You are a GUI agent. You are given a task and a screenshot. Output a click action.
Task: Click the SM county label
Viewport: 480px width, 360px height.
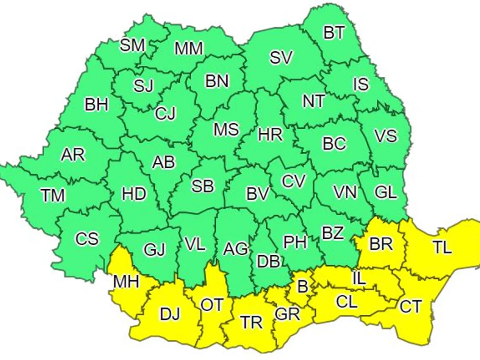(132, 46)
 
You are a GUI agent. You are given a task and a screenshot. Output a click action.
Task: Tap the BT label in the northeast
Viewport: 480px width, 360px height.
(334, 33)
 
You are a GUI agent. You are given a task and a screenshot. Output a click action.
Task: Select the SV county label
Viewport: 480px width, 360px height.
(281, 58)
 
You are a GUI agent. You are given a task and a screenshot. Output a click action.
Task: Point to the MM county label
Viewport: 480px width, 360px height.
(189, 48)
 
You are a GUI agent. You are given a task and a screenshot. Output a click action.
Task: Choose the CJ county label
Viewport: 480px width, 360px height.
(165, 114)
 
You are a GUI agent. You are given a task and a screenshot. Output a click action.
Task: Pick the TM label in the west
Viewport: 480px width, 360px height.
(53, 196)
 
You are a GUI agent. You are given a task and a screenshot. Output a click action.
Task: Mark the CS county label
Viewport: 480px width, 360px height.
(87, 239)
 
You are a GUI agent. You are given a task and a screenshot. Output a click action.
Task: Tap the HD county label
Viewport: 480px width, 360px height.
(134, 194)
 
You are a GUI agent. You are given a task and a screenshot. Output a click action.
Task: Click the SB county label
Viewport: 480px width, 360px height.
(203, 186)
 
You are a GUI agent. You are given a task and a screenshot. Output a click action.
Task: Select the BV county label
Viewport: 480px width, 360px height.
(257, 194)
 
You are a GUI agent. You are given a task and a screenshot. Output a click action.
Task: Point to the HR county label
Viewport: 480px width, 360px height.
(270, 135)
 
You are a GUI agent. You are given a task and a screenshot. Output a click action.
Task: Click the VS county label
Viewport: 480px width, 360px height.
(386, 136)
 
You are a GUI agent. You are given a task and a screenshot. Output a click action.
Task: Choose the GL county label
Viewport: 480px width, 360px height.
(386, 193)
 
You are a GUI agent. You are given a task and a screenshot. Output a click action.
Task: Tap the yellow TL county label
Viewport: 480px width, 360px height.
(442, 248)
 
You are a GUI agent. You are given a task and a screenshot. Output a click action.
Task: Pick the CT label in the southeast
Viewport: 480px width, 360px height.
(410, 307)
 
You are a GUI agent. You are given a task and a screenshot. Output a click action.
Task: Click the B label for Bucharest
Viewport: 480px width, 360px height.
(303, 286)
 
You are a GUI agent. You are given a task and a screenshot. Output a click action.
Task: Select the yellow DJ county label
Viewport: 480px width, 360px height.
(170, 314)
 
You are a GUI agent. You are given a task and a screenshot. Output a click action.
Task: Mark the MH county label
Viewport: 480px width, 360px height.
(126, 282)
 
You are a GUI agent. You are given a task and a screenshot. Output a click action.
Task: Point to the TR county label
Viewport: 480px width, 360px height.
(252, 322)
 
